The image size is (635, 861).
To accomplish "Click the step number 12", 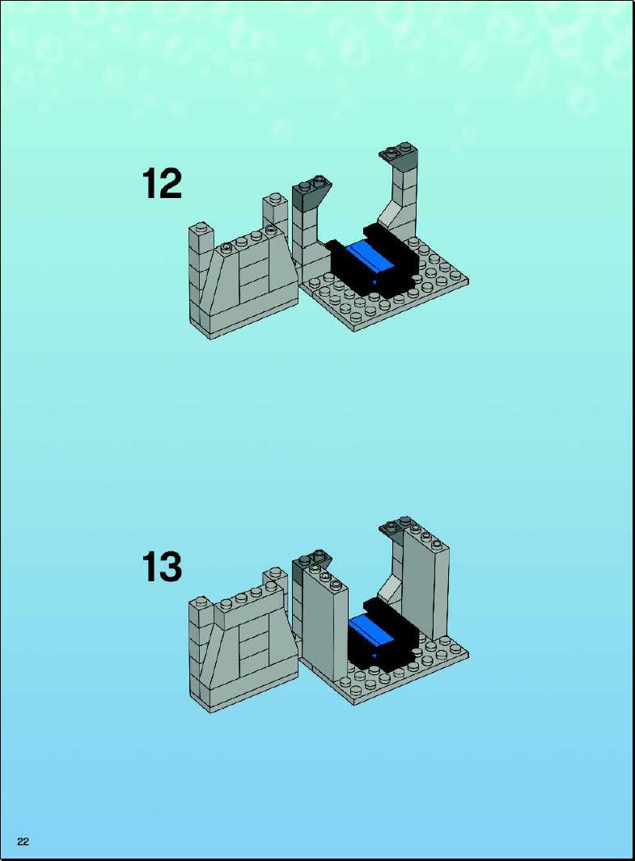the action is pos(162,184).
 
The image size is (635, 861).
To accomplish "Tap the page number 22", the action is pos(23,842).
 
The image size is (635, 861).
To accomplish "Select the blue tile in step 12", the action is pos(370,256).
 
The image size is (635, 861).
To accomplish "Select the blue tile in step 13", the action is pos(370,631).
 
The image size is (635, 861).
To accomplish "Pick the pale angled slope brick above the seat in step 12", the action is pos(391,216).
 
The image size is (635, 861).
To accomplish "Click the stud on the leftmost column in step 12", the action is pos(202,226).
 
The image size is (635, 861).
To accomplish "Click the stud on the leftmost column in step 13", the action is pos(202,601).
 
